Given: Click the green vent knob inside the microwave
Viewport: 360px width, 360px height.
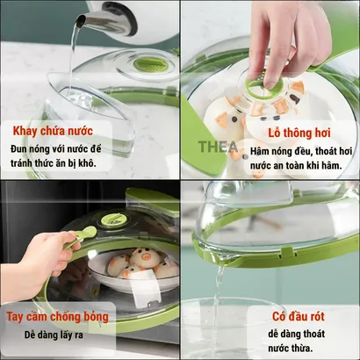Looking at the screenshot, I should pyautogui.click(x=114, y=220).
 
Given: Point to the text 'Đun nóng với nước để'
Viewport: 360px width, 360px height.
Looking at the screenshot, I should pyautogui.click(x=56, y=148).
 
